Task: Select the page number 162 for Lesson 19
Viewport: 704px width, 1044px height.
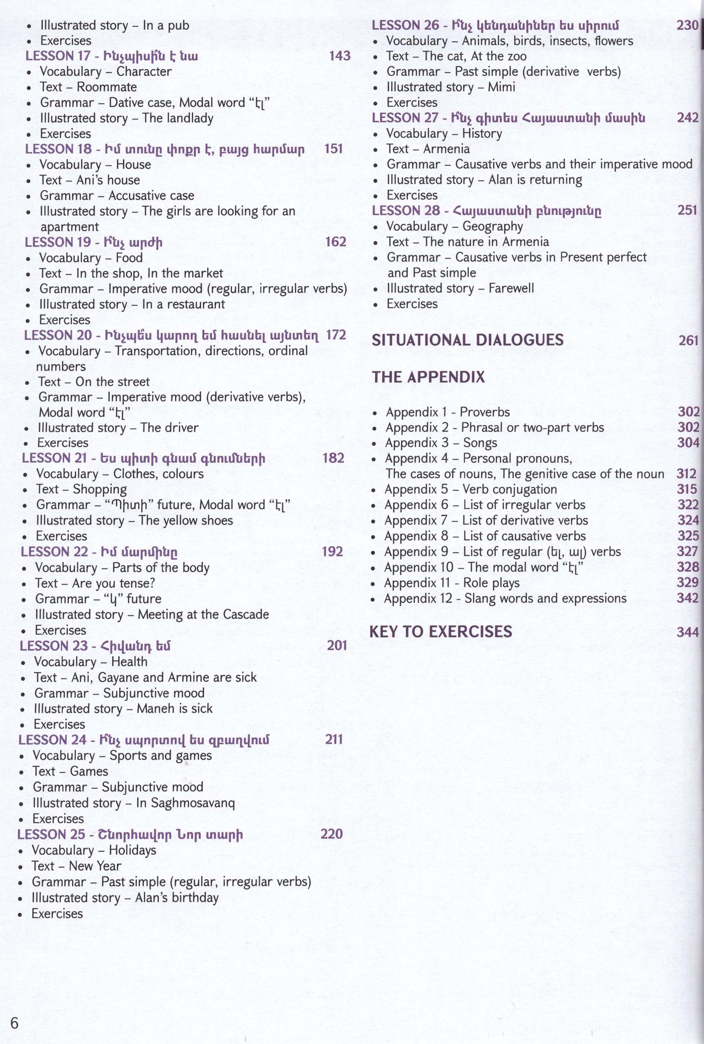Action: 335,242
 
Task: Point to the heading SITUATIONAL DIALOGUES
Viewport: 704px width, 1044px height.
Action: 467,339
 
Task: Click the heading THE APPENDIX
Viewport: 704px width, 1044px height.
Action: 428,377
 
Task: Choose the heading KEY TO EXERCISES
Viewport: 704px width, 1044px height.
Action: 440,632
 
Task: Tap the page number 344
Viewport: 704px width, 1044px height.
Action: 688,632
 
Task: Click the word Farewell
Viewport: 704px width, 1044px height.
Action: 511,288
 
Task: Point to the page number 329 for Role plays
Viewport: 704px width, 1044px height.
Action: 688,583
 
